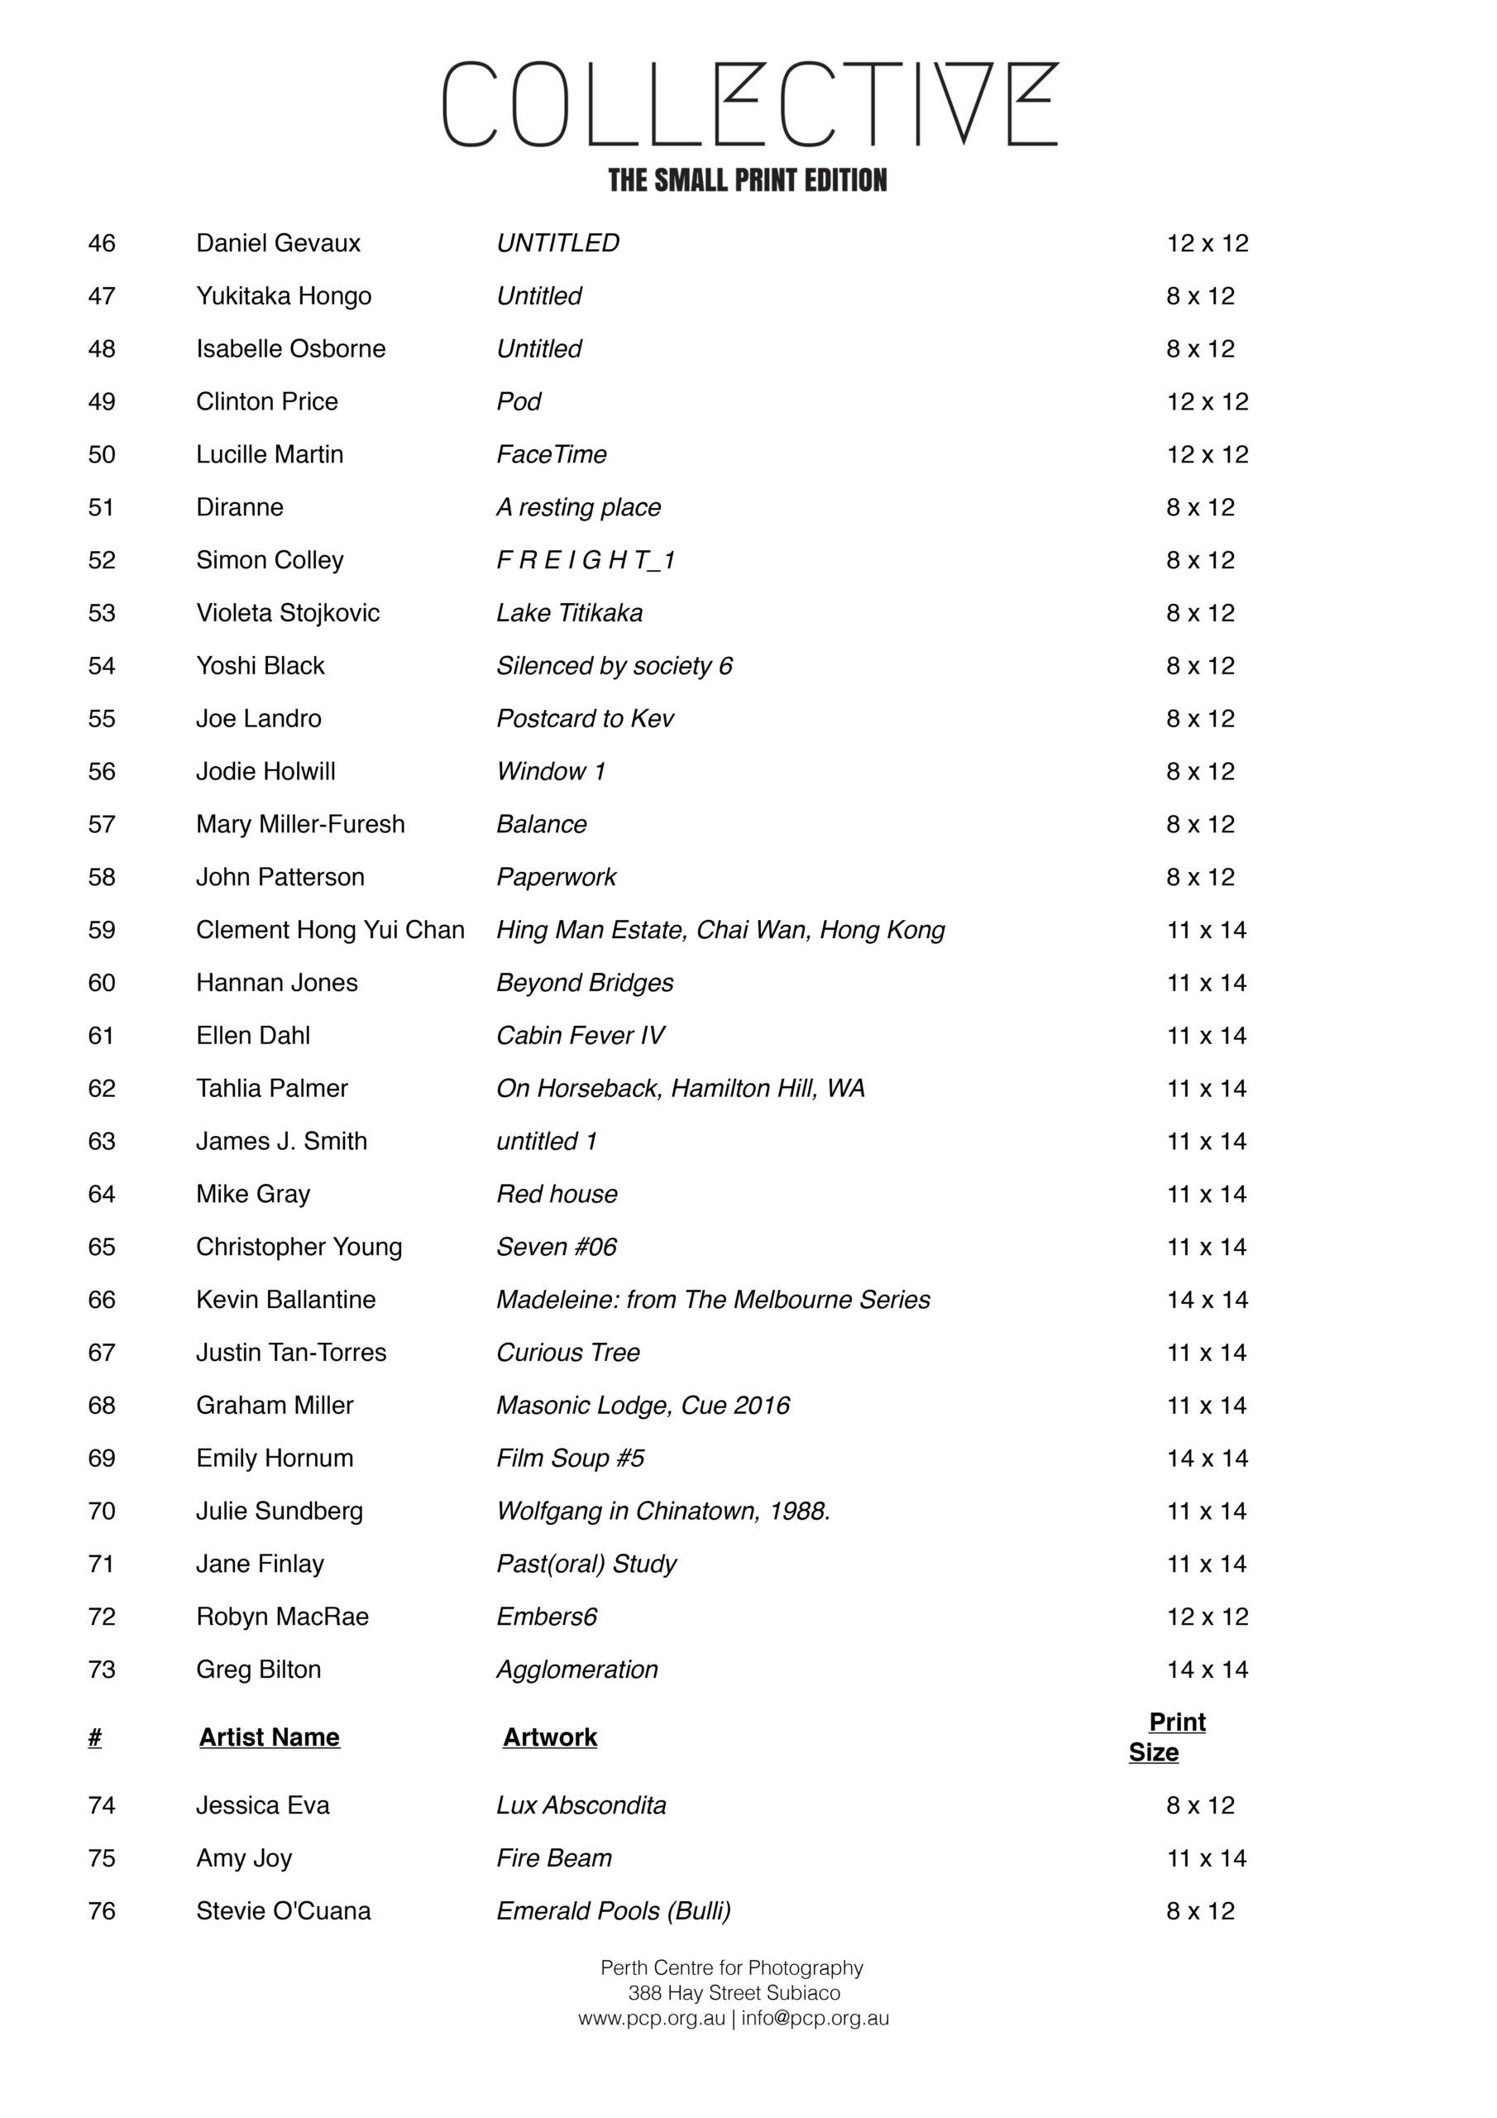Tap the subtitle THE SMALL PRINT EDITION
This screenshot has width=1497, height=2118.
[747, 180]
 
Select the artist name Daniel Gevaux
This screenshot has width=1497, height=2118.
[278, 243]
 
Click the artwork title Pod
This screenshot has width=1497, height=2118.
[519, 402]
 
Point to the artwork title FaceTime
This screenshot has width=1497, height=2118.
[551, 455]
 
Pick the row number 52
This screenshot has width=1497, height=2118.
[102, 561]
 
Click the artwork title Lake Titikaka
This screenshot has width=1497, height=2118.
[569, 613]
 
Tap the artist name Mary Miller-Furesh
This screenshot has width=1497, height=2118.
[299, 825]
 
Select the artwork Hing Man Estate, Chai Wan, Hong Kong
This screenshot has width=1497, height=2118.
[720, 930]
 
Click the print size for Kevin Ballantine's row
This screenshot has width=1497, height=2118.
[1207, 1300]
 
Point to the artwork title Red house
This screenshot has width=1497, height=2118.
[556, 1195]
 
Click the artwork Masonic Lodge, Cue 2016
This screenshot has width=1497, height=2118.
[643, 1406]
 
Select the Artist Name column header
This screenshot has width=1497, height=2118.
[270, 1738]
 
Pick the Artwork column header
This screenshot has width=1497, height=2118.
[550, 1738]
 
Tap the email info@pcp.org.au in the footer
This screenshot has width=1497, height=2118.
[815, 2019]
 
